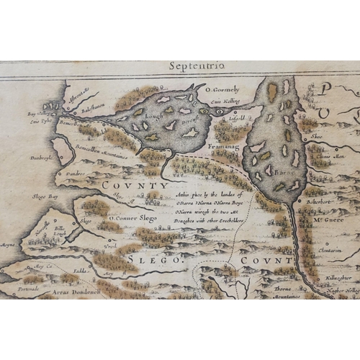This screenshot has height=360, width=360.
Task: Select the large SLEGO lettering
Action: pos(153,258)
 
